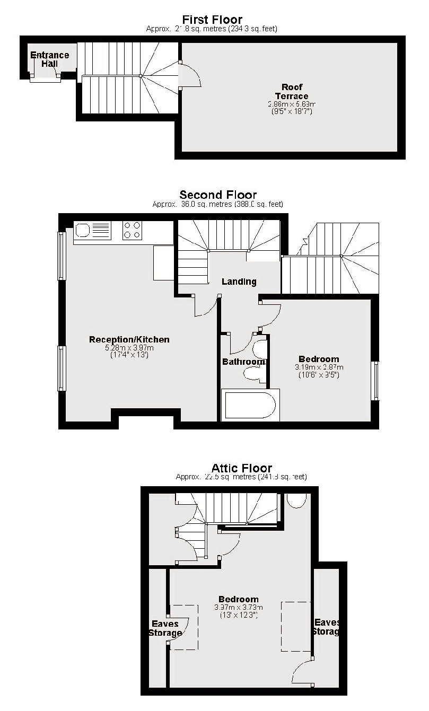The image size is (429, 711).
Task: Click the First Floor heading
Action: [212, 21]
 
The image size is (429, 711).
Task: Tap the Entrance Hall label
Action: [50, 59]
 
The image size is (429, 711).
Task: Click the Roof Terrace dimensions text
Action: [292, 108]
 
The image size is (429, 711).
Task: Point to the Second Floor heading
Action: [218, 195]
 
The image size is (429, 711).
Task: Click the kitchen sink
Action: [92, 230]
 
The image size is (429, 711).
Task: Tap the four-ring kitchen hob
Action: [132, 230]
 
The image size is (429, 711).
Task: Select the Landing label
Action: [239, 282]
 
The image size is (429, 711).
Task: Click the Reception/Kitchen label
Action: [129, 339]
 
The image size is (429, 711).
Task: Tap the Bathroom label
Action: [244, 362]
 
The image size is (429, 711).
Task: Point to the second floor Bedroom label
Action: [319, 359]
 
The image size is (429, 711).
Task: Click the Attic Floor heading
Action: [241, 468]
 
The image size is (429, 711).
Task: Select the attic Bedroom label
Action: [238, 600]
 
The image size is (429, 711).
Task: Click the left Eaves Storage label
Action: [166, 628]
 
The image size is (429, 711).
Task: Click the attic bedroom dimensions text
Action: [238, 611]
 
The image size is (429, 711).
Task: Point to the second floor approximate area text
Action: [217, 204]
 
